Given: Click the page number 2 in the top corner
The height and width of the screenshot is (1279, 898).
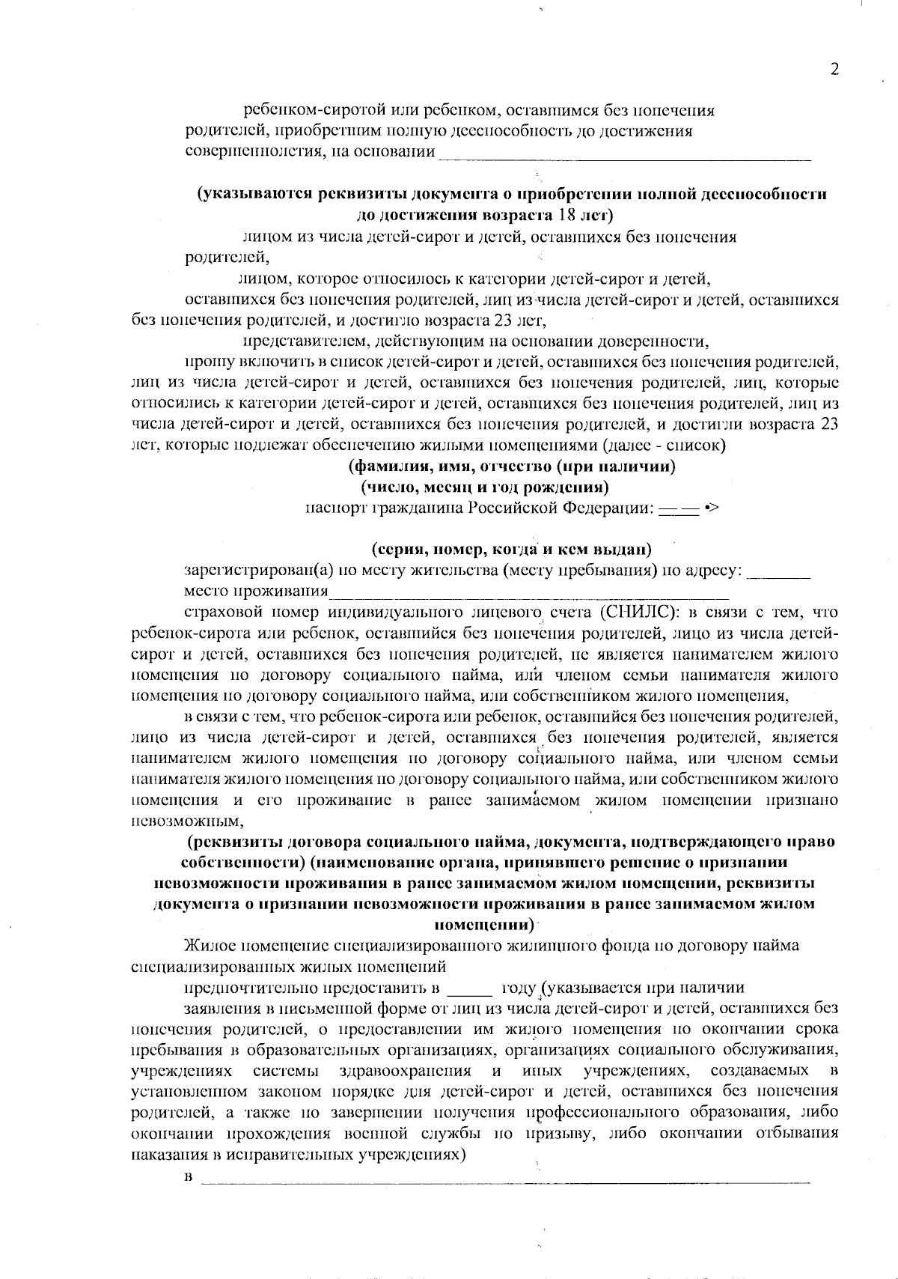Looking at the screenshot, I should [x=834, y=70].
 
